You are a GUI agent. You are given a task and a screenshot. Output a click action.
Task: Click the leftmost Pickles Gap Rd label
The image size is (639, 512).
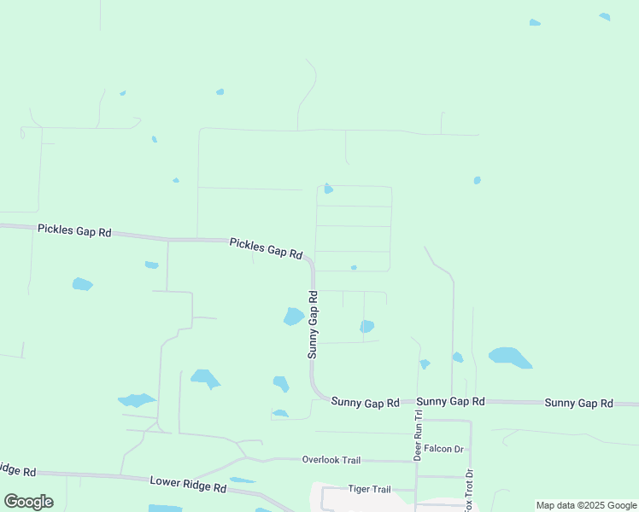point(74,230)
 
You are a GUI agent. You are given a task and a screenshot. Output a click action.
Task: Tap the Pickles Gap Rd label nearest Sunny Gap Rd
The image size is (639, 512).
point(266,248)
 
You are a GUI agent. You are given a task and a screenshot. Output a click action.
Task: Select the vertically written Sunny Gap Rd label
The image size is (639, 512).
point(313,323)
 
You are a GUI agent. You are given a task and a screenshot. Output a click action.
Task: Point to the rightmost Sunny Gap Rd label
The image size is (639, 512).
point(578,403)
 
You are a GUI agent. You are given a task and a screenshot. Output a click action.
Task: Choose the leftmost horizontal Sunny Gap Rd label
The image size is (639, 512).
point(365,402)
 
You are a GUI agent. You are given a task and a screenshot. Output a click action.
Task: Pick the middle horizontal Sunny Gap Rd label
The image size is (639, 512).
point(450,401)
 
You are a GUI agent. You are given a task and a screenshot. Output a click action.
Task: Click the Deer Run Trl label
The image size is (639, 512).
point(419,435)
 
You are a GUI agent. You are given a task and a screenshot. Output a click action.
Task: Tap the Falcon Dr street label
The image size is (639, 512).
point(443,449)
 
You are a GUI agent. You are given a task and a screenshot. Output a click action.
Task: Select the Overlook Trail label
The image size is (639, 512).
point(331,460)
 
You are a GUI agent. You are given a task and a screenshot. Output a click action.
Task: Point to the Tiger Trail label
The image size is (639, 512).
point(369,489)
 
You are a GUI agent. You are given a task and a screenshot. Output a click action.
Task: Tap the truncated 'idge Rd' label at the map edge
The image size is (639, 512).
point(17,470)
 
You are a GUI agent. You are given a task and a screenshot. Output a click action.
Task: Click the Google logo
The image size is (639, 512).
point(28,502)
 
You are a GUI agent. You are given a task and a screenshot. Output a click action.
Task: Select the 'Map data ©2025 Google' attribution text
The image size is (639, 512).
point(586,505)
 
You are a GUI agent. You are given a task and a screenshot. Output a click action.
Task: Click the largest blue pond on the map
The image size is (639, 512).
point(510,357)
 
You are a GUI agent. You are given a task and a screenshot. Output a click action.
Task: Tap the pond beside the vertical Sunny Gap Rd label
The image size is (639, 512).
point(293,317)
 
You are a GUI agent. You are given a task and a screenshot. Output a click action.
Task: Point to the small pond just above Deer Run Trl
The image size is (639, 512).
point(425,364)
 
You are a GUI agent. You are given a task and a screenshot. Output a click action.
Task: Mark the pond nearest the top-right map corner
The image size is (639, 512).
point(605,16)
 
